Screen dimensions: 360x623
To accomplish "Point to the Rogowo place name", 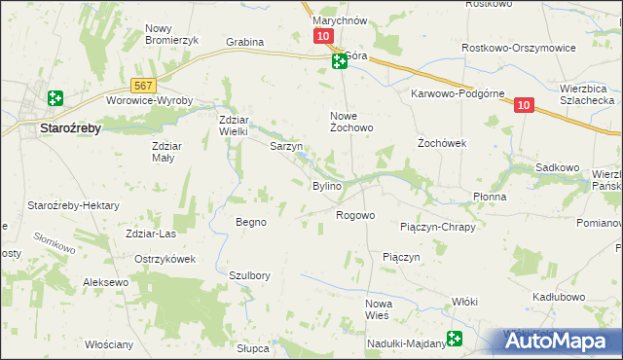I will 355,215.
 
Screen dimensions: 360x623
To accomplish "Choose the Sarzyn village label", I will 286,147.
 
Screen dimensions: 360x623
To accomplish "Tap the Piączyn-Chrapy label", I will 437,227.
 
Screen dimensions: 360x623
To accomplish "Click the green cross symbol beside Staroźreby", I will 55,98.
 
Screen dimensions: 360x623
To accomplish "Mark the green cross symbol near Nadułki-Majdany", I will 455,339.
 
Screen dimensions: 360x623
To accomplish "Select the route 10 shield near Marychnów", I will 323,36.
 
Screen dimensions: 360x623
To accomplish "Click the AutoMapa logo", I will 562,342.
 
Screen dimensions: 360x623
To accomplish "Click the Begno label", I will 251,222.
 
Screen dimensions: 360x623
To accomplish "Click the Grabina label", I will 245,43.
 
